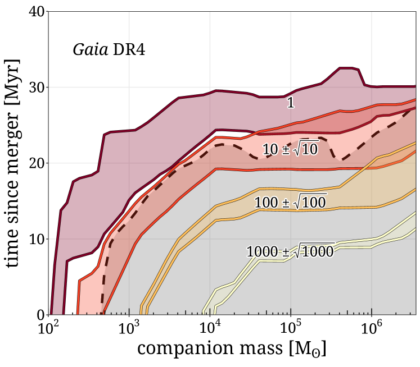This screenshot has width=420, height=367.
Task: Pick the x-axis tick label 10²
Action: [x=49, y=328]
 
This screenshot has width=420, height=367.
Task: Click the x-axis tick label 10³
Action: [x=130, y=328]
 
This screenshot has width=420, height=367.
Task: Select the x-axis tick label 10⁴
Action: [x=210, y=328]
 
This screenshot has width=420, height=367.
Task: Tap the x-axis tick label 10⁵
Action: [x=291, y=328]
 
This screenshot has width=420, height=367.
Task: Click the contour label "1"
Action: [x=290, y=103]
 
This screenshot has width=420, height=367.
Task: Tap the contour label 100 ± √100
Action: [x=290, y=201]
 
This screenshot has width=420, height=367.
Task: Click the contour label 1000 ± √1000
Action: [x=290, y=251]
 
